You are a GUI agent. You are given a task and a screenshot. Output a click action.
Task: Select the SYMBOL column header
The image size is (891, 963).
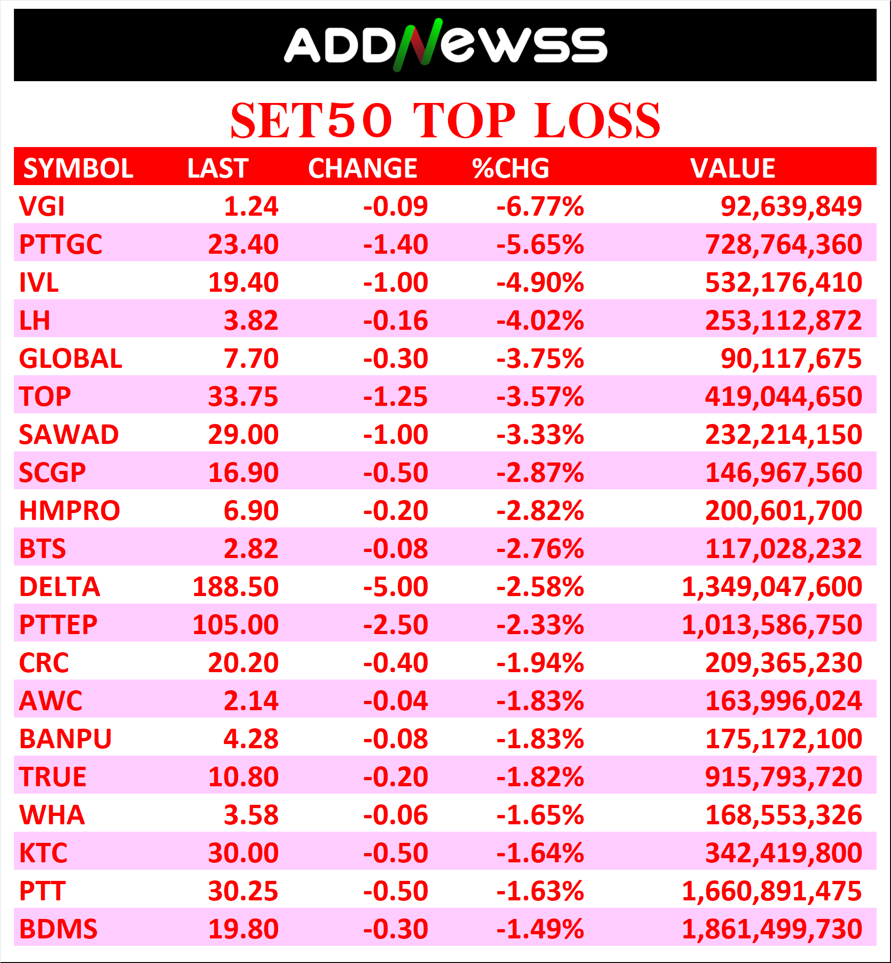[x=78, y=168]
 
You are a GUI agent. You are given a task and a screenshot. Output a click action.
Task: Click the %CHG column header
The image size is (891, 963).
[x=511, y=168]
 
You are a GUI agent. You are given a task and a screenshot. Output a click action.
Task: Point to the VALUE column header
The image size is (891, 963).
[x=732, y=168]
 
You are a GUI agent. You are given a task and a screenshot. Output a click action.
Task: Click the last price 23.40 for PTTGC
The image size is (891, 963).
[x=243, y=244]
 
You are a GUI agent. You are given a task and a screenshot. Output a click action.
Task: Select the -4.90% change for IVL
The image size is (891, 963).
[x=540, y=282]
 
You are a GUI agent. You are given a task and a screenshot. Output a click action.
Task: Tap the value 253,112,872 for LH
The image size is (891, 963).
[x=783, y=321]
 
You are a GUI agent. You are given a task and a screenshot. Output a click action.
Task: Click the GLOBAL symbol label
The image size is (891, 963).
[x=71, y=359]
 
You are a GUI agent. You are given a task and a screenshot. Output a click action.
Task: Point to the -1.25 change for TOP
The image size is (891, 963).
[x=396, y=397]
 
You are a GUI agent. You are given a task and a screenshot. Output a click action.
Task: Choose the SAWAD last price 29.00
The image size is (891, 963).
[x=243, y=435]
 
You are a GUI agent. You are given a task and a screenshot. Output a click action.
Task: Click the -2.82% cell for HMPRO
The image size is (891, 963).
[x=540, y=511]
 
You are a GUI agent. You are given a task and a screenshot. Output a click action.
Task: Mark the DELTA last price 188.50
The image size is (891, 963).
[x=235, y=587]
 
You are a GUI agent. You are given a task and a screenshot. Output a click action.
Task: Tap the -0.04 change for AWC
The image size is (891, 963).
[x=396, y=700]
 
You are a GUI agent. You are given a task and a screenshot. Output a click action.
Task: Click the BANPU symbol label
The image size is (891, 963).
[x=65, y=738]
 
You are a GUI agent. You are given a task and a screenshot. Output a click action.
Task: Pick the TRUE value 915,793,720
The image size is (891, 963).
[x=783, y=777]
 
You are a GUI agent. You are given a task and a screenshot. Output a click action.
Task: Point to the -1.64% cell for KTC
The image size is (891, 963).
[x=540, y=853]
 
